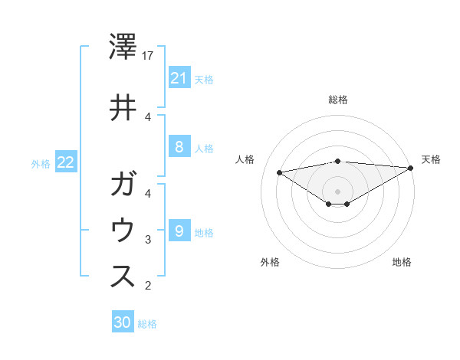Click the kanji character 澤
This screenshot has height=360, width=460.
tap(123, 47)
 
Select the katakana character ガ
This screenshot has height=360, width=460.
tap(123, 186)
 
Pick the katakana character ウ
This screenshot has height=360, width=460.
tap(123, 231)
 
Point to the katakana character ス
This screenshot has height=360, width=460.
tap(123, 277)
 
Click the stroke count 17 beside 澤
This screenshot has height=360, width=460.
tap(149, 56)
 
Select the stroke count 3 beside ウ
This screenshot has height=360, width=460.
tap(148, 240)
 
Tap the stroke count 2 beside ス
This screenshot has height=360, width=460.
tap(148, 286)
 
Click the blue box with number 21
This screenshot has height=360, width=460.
tap(179, 78)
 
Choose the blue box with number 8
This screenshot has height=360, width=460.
tap(179, 147)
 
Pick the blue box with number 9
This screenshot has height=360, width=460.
tap(179, 231)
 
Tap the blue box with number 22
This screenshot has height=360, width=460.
tap(66, 162)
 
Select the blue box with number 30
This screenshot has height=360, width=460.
tap(123, 323)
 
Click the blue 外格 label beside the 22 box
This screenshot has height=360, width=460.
tap(41, 163)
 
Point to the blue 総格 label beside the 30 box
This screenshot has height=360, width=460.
tap(147, 324)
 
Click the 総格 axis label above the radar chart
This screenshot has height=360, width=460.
tap(338, 100)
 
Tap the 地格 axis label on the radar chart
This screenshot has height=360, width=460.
tap(402, 262)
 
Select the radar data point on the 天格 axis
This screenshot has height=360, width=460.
tap(412, 169)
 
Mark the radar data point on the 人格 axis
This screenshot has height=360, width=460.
tap(280, 172)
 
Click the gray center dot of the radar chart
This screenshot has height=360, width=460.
tap(337, 191)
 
